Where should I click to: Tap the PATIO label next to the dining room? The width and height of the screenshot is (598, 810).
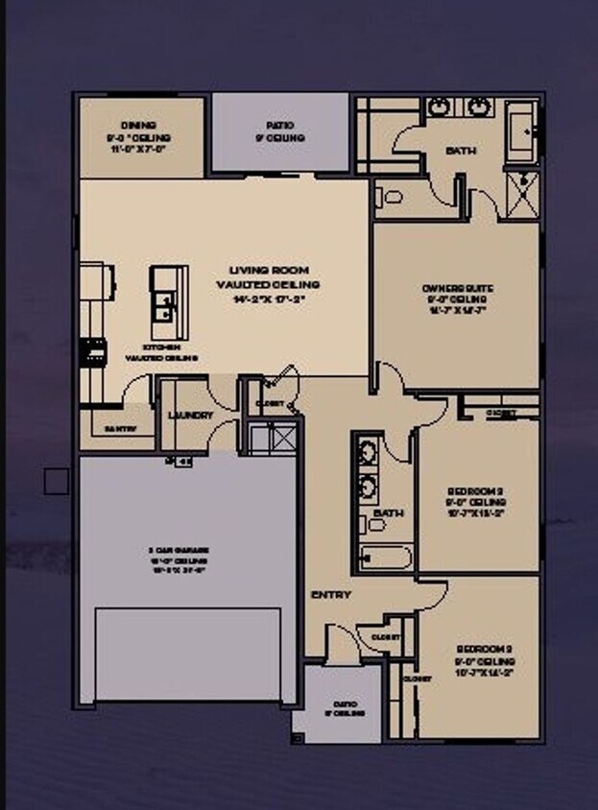coord(279,126)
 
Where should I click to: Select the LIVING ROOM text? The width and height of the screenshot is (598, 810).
coord(267,271)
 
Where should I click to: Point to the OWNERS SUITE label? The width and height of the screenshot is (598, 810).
coord(454,289)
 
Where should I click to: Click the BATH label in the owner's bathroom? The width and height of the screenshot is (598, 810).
coord(461,152)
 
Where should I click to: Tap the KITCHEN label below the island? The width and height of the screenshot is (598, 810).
coord(160,346)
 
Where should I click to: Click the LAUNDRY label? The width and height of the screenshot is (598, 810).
coord(189,416)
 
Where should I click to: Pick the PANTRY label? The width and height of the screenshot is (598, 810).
coord(120,429)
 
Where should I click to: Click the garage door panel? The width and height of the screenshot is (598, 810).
coord(188,654)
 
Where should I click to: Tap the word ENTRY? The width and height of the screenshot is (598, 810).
coord(330,595)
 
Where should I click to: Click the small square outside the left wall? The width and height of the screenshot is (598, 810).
coord(57,481)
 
